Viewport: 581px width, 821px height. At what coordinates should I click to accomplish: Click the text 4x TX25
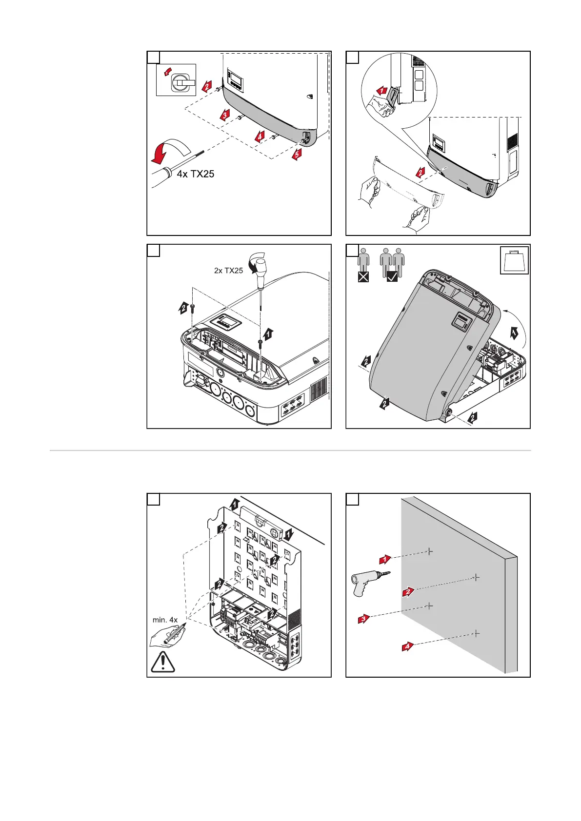click(195, 174)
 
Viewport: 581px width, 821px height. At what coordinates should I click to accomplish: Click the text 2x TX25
click(228, 271)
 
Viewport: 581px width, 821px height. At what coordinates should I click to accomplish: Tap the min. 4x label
click(165, 620)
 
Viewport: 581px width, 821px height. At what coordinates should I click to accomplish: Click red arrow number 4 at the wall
click(407, 646)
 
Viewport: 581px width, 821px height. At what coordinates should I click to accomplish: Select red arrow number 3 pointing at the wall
click(363, 619)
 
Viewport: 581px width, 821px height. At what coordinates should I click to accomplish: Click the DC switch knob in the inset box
click(179, 83)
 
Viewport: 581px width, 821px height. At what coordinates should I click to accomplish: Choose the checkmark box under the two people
click(392, 277)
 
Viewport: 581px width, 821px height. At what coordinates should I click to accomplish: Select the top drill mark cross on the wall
click(429, 552)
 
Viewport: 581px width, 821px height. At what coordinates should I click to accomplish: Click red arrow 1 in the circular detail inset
click(383, 90)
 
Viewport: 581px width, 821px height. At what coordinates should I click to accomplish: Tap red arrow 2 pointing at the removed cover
click(420, 172)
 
